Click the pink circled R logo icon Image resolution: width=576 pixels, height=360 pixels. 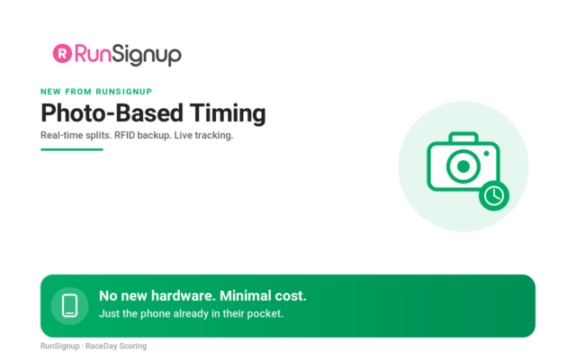click(62, 54)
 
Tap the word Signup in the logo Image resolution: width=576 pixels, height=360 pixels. click(147, 55)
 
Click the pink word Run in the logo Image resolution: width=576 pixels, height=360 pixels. click(93, 54)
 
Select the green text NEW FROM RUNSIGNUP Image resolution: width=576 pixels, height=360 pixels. click(96, 92)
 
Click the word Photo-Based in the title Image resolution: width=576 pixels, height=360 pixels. click(112, 112)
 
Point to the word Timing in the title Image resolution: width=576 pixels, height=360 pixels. click(228, 113)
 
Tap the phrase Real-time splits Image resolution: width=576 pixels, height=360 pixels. click(76, 135)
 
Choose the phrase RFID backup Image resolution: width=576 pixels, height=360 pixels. click(142, 135)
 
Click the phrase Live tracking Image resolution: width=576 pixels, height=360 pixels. click(203, 135)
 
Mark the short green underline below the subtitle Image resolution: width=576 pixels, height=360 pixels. click(72, 149)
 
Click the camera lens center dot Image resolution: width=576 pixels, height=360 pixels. click(463, 166)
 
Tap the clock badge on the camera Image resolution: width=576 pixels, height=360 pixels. click(494, 196)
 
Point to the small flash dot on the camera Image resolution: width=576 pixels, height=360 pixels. click(486, 154)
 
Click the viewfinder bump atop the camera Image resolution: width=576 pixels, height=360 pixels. click(463, 137)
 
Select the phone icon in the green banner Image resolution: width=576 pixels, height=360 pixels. click(70, 306)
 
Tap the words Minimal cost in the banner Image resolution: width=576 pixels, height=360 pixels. click(263, 296)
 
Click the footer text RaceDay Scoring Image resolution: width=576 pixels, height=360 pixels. click(116, 346)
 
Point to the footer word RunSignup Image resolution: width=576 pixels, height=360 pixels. click(60, 346)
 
